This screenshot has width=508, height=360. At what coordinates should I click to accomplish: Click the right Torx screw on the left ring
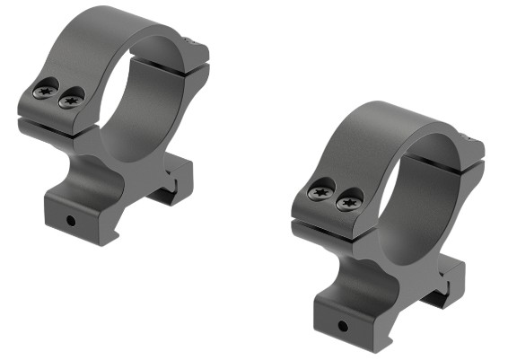pyautogui.click(x=69, y=101)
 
